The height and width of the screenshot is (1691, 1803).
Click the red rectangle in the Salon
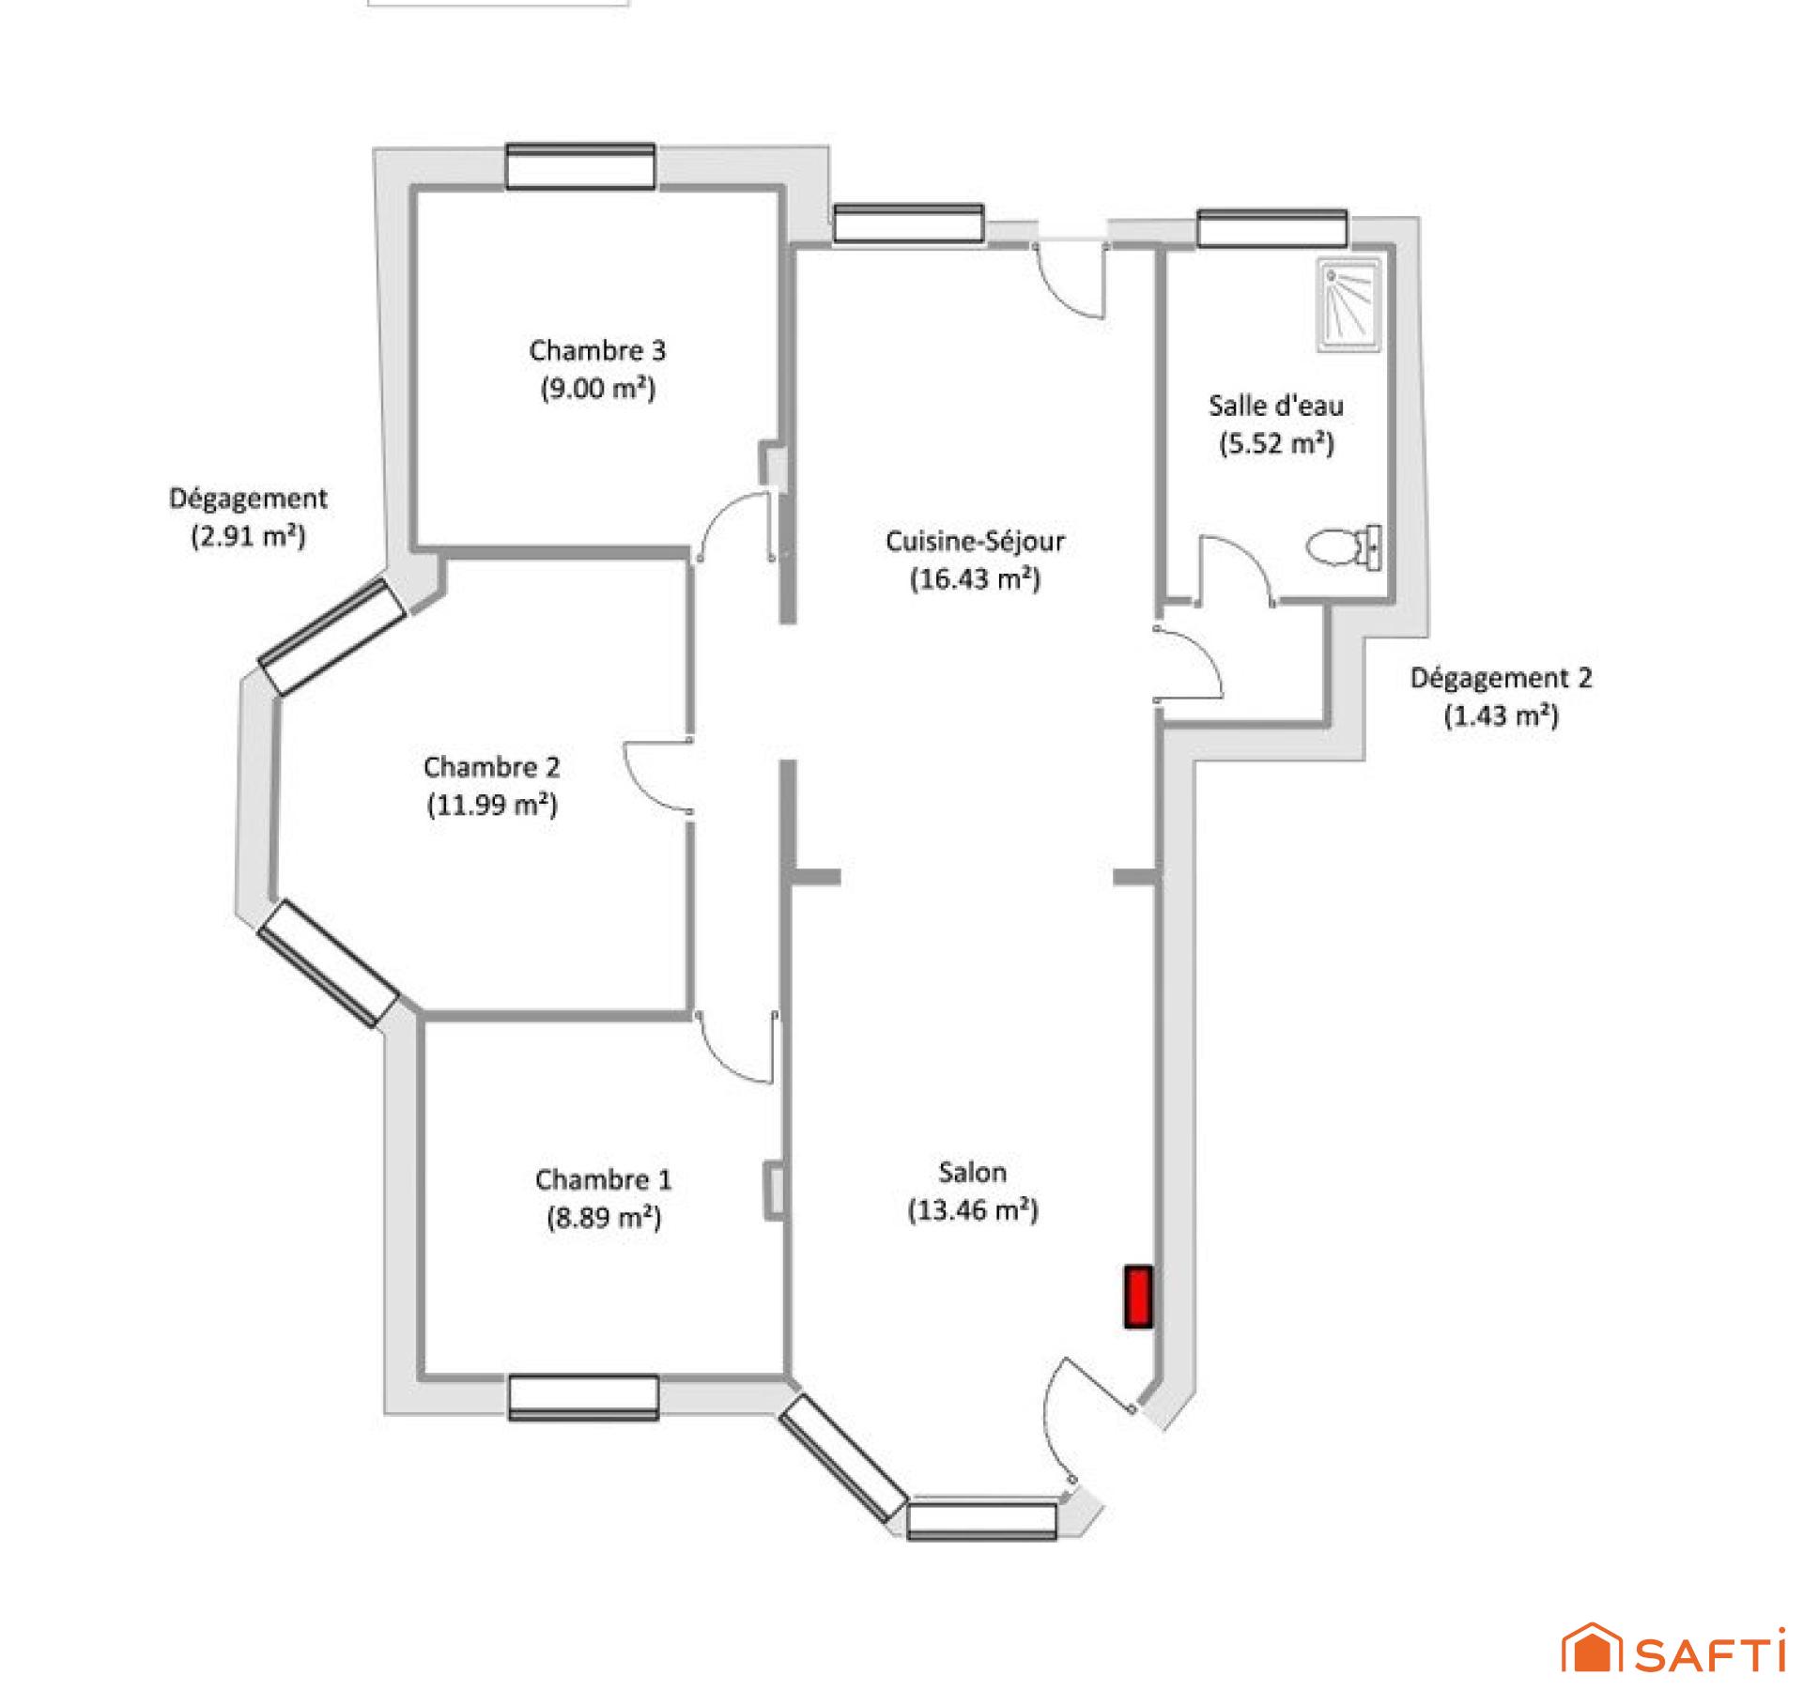click(x=1138, y=1297)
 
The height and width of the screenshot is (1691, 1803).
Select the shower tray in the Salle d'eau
click(x=1349, y=306)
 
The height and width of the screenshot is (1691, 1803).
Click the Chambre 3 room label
click(x=597, y=350)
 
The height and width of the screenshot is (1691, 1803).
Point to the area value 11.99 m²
click(x=492, y=805)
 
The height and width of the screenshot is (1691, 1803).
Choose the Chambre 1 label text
click(x=604, y=1179)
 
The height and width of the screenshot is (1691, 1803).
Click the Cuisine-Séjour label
click(x=975, y=541)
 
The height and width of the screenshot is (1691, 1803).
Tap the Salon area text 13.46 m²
click(x=973, y=1210)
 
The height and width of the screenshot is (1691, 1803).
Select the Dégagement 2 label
click(x=1501, y=678)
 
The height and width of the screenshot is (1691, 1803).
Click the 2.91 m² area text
click(x=249, y=536)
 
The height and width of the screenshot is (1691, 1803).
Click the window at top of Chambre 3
click(x=580, y=167)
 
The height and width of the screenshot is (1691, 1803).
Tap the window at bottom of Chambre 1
click(x=583, y=1398)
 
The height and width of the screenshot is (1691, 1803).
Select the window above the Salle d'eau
click(x=1271, y=229)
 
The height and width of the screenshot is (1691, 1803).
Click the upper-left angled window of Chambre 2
click(x=331, y=637)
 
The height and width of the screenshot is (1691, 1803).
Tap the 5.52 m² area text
click(x=1276, y=443)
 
